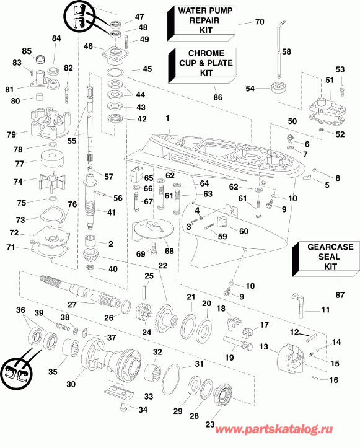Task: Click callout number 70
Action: click(259, 22)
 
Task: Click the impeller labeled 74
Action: click(52, 183)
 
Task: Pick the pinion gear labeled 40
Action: click(89, 268)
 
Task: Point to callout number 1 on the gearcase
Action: click(167, 118)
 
